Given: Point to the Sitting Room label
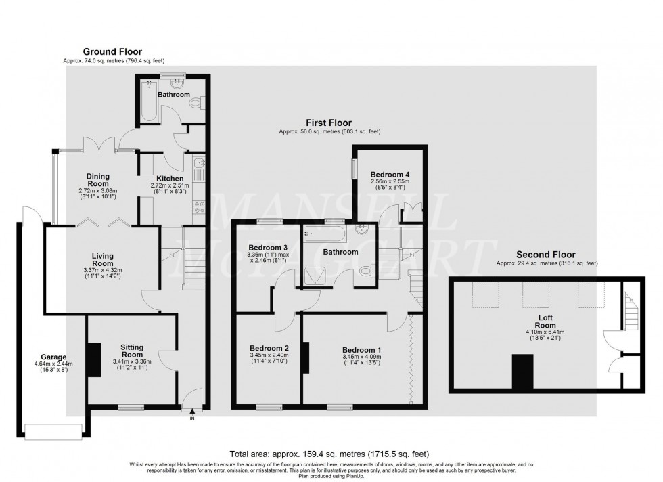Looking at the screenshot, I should pos(132,350).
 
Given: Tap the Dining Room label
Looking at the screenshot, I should pos(98,180).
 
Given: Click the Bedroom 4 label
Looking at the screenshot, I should pos(390,174).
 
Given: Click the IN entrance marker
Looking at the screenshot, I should pos(191,418).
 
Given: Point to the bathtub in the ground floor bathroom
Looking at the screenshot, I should pos(147,101).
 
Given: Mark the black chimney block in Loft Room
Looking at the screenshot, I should pos(522,373).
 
